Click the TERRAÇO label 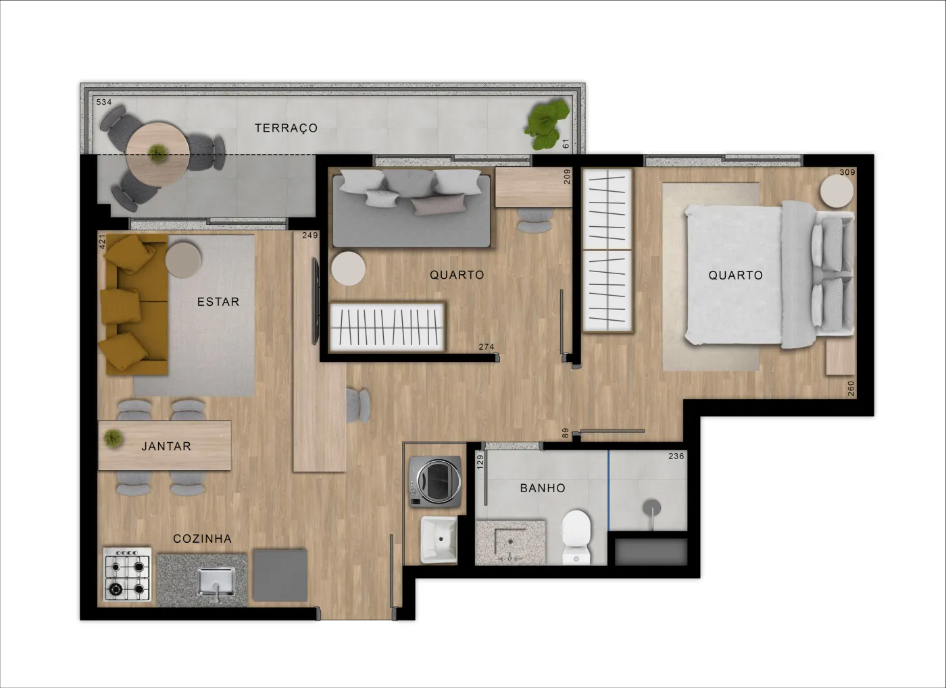pyautogui.click(x=286, y=128)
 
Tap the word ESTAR pyautogui.click(x=218, y=302)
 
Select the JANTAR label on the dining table pyautogui.click(x=166, y=446)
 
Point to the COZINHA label pyautogui.click(x=202, y=539)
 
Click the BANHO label pyautogui.click(x=543, y=488)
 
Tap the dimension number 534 pyautogui.click(x=104, y=102)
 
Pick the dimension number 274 pyautogui.click(x=486, y=347)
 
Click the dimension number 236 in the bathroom pyautogui.click(x=676, y=456)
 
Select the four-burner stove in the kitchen pyautogui.click(x=127, y=575)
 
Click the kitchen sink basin pyautogui.click(x=216, y=581)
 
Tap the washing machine pyautogui.click(x=434, y=481)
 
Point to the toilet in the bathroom pyautogui.click(x=576, y=537)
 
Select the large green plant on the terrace pyautogui.click(x=547, y=124)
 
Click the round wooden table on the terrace pyautogui.click(x=157, y=154)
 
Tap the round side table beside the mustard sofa pyautogui.click(x=183, y=259)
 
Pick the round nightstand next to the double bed pyautogui.click(x=837, y=191)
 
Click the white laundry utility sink pyautogui.click(x=439, y=540)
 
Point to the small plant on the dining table pyautogui.click(x=113, y=439)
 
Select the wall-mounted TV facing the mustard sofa pyautogui.click(x=315, y=301)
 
